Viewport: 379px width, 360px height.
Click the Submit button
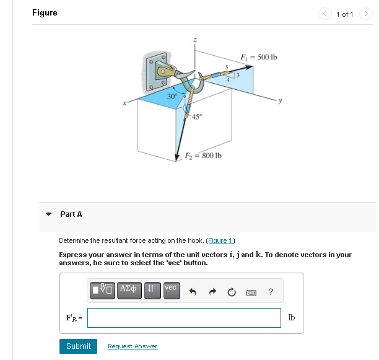(x=78, y=346)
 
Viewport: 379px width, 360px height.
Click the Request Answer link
(x=133, y=346)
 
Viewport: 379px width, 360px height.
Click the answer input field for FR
(x=184, y=318)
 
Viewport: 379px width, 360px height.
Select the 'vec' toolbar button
(x=171, y=290)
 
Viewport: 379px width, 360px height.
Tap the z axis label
(x=196, y=40)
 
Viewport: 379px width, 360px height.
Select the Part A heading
(x=71, y=214)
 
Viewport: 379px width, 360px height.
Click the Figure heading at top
(x=45, y=13)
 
